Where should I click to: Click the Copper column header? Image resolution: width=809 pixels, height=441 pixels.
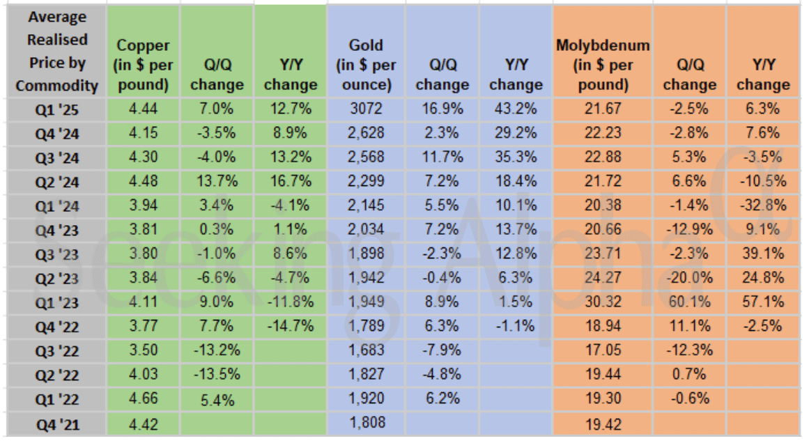[143, 64]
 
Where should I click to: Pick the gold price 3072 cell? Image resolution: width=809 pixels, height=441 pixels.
[366, 109]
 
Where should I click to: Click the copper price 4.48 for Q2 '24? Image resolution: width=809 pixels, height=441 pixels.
[143, 182]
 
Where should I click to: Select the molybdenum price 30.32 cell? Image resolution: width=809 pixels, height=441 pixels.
[603, 303]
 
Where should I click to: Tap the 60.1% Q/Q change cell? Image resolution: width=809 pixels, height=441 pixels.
[689, 303]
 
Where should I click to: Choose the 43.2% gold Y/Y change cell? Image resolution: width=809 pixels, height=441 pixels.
[516, 109]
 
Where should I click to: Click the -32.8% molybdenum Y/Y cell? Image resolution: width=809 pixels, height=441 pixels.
[763, 206]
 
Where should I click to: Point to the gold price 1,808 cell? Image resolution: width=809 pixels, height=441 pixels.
[366, 424]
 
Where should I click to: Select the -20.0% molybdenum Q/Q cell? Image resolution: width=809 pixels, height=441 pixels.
[689, 279]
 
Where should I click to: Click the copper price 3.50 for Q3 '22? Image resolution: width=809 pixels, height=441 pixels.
[143, 351]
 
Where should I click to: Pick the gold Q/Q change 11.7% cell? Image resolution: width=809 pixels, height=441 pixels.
[442, 157]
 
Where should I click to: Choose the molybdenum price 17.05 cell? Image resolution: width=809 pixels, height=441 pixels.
[603, 351]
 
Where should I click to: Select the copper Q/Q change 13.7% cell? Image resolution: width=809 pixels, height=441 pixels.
[217, 182]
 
